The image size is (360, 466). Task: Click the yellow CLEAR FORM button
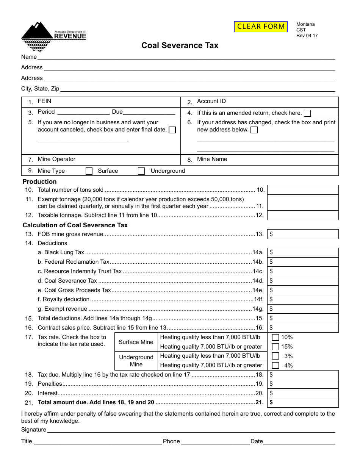click(261, 27)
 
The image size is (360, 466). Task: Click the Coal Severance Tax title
click(180, 45)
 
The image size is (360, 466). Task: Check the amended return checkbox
click(307, 113)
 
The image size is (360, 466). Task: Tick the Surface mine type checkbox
click(89, 171)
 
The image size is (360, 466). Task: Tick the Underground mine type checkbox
click(141, 171)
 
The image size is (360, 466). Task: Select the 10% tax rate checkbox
click(275, 337)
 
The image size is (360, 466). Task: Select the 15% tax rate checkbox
click(275, 347)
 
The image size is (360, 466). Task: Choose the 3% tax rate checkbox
click(275, 356)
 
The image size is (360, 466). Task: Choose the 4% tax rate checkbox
click(275, 366)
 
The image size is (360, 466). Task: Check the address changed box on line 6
click(254, 130)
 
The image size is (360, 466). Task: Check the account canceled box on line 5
click(172, 130)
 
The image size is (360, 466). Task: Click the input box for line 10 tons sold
click(303, 190)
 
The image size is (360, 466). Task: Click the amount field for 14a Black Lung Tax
click(303, 252)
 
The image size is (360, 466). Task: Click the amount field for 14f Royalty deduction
click(303, 299)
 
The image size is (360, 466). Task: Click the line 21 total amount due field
click(303, 403)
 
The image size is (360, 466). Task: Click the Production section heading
click(39, 181)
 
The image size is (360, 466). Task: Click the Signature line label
click(34, 430)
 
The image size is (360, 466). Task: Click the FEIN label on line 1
click(44, 101)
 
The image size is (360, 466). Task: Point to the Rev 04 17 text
click(307, 36)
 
